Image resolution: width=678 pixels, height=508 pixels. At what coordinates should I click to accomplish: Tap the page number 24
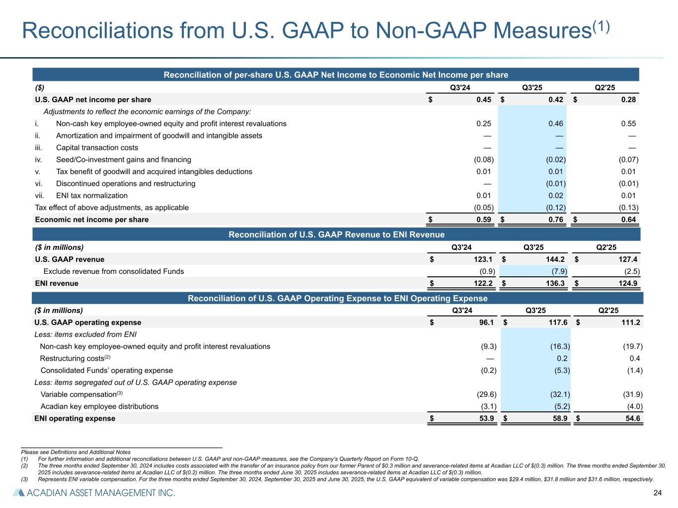coord(658,493)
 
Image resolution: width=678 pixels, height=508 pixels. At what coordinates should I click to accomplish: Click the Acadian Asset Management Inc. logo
coord(94,493)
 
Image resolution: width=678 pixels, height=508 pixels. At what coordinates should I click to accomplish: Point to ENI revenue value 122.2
coord(481,284)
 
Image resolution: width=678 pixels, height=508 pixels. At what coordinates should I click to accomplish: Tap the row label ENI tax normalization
coord(92,196)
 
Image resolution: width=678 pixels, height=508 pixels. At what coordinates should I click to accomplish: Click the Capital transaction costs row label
coord(97,148)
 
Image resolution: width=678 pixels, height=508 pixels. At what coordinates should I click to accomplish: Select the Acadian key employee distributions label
coord(99,407)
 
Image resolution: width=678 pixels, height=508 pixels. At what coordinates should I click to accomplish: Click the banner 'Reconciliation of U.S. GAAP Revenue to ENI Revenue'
coord(336,235)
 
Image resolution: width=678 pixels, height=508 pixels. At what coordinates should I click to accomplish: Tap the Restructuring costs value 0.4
coord(635,359)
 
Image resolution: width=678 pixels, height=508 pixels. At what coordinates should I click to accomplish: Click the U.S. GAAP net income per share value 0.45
coord(483,100)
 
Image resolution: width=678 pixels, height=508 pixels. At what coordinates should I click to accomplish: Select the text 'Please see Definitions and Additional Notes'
coord(76,452)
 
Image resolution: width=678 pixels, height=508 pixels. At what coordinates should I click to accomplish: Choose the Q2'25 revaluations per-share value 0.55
coord(628,124)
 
